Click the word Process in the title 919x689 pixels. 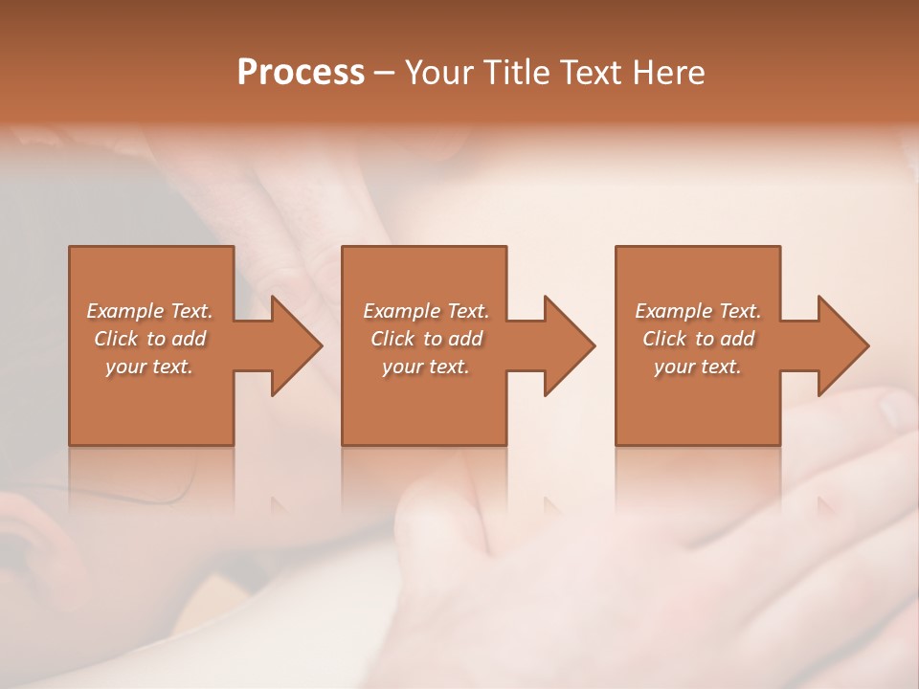click(301, 72)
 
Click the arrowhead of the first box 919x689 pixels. click(292, 345)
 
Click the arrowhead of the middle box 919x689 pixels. click(566, 345)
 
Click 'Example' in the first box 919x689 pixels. click(124, 311)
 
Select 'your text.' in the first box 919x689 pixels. click(149, 367)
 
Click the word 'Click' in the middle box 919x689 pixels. click(392, 339)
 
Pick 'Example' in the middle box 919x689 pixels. click(401, 311)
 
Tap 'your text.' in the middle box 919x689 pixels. click(425, 367)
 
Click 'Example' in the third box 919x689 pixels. click(673, 311)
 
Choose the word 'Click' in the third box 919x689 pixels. click(663, 339)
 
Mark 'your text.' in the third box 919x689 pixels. click(697, 367)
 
